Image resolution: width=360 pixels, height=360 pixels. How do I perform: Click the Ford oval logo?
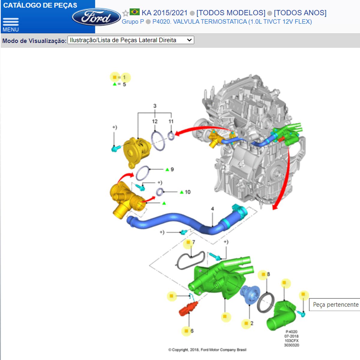(96, 17)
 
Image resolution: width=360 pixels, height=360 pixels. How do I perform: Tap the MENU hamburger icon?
(10, 22)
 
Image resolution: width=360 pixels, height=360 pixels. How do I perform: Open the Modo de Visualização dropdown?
(131, 40)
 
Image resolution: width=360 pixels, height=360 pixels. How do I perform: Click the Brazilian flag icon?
(134, 12)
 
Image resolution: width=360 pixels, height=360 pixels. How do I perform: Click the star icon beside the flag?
(125, 13)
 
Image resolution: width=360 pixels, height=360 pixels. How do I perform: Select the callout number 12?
(154, 121)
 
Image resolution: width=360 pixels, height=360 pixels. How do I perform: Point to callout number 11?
(171, 121)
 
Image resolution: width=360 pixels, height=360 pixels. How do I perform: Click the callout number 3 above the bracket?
(155, 106)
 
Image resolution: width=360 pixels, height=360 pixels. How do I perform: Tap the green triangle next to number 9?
(167, 169)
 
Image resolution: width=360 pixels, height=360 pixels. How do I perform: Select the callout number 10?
(187, 192)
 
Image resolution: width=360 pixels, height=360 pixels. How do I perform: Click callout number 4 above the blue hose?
(212, 209)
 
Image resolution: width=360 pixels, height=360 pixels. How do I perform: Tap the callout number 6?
(192, 331)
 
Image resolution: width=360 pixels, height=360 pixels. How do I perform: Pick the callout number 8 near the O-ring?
(268, 274)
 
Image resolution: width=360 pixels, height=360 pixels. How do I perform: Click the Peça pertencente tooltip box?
(334, 305)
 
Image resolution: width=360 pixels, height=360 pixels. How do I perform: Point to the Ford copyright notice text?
(207, 350)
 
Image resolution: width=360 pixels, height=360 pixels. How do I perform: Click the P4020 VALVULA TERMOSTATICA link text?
(232, 22)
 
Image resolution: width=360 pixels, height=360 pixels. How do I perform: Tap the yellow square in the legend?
(115, 77)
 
